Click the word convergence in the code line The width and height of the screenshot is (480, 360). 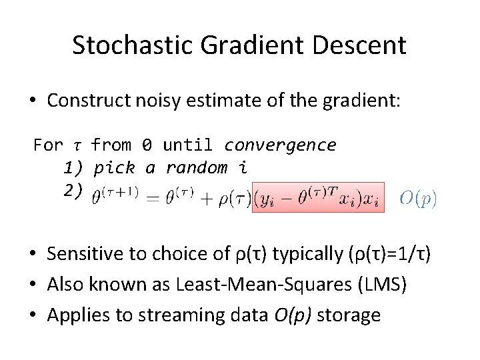[280, 145]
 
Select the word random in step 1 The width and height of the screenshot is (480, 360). [197, 167]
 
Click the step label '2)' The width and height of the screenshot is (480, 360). [73, 190]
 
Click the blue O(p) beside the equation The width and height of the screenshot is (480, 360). [418, 198]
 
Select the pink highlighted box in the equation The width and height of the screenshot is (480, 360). [317, 197]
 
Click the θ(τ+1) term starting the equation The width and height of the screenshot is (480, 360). [115, 196]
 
